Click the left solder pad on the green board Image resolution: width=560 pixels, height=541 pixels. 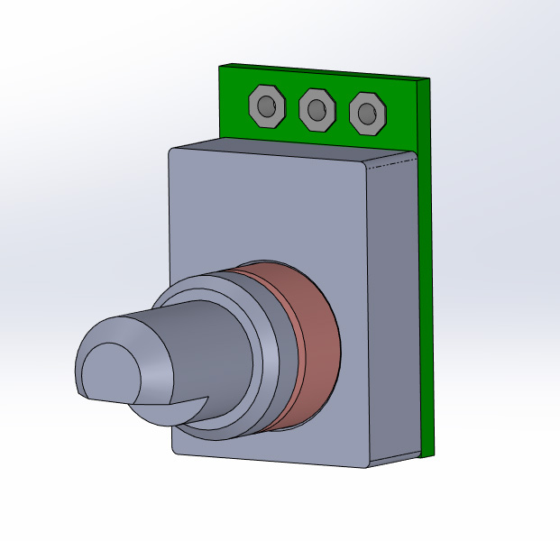tap(255, 97)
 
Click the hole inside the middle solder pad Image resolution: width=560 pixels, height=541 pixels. tap(316, 111)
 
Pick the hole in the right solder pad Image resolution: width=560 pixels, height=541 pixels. tap(366, 114)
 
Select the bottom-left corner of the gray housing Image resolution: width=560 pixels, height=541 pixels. tap(175, 451)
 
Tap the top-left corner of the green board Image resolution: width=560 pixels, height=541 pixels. tap(222, 65)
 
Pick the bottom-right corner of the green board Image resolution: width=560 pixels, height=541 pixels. tap(435, 454)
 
